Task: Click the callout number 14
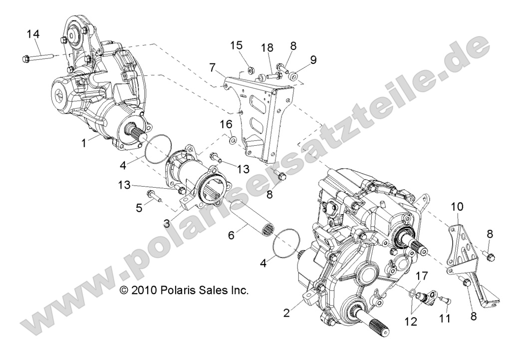pos(33,34)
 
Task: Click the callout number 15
pos(236,46)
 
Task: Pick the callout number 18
pos(267,48)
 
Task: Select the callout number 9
pos(313,60)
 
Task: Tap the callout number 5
pos(139,206)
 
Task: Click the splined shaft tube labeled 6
pos(264,216)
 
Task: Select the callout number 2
pos(286,314)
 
